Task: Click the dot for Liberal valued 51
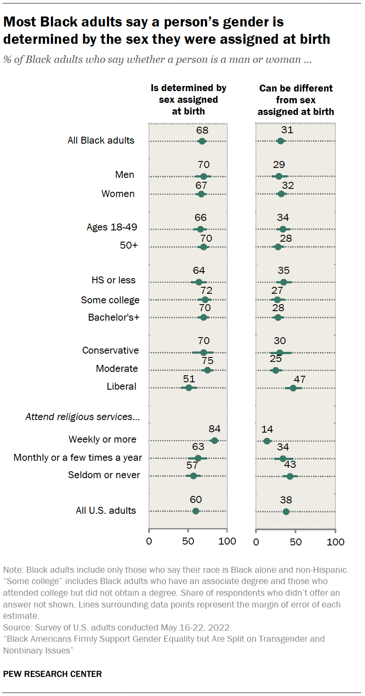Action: (x=189, y=387)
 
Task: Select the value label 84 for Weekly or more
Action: (x=214, y=429)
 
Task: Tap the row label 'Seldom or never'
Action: (x=104, y=475)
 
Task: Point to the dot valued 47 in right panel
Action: (x=293, y=388)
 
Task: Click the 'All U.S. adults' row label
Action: (x=106, y=510)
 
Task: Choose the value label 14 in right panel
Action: (x=267, y=429)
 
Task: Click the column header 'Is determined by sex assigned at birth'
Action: (x=188, y=100)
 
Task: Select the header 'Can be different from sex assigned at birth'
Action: (x=295, y=100)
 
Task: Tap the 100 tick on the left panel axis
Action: (x=227, y=541)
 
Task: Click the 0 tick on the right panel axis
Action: (x=256, y=542)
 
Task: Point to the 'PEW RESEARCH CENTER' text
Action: (x=53, y=674)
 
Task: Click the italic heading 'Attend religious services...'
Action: (x=83, y=417)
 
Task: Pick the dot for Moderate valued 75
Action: (x=207, y=370)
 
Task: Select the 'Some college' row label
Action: (x=110, y=300)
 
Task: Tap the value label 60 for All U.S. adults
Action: (x=196, y=499)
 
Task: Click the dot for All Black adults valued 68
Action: (x=202, y=141)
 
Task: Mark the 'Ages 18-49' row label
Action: (x=112, y=227)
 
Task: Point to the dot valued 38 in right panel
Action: (x=286, y=512)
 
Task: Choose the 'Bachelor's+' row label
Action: (x=113, y=317)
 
